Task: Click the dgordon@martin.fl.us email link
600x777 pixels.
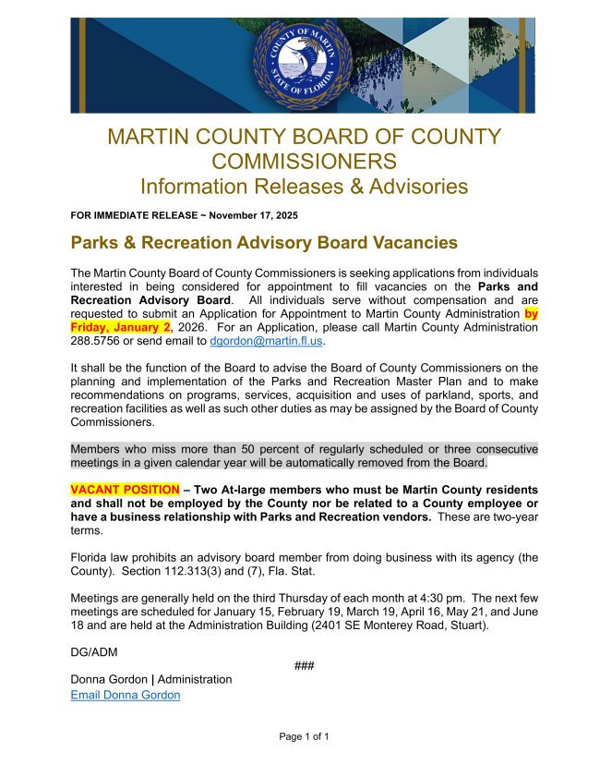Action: coord(266,341)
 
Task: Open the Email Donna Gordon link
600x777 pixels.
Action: coord(126,695)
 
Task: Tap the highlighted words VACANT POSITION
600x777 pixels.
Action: coord(125,489)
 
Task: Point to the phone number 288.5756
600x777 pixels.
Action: coord(93,341)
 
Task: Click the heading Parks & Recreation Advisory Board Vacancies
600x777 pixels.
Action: coord(264,243)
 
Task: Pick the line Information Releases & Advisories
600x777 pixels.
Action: coord(304,186)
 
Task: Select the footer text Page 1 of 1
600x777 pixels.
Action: coord(304,736)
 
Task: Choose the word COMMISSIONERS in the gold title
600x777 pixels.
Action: coord(304,161)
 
